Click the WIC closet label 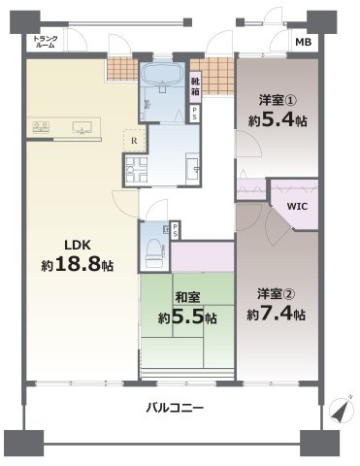click(x=298, y=205)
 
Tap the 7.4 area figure click(x=283, y=315)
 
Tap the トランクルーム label click(x=44, y=42)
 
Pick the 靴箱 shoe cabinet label click(x=196, y=86)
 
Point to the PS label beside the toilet click(x=176, y=230)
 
